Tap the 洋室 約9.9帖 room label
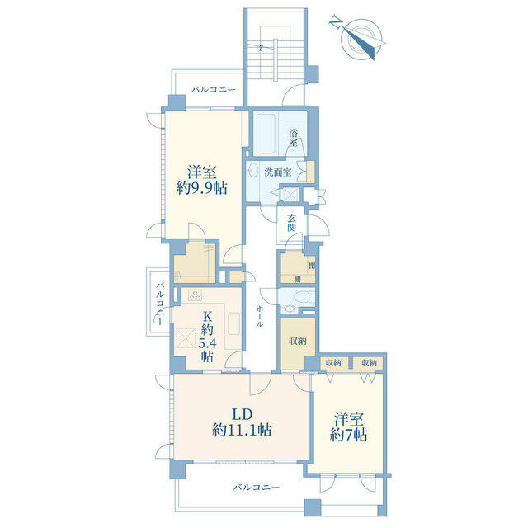(201, 180)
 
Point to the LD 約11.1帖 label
(242, 422)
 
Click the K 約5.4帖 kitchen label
(207, 336)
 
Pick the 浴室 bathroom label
(294, 138)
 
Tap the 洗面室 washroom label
(278, 172)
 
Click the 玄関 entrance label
(291, 223)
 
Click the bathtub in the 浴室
(266, 134)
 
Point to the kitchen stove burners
(196, 295)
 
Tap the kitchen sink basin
(234, 324)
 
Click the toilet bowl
(302, 298)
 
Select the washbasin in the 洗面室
(252, 172)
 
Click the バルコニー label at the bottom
(257, 487)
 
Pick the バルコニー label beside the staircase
(214, 90)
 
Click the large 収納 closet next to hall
(298, 342)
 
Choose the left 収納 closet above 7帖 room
(333, 363)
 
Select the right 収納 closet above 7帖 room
(370, 363)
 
